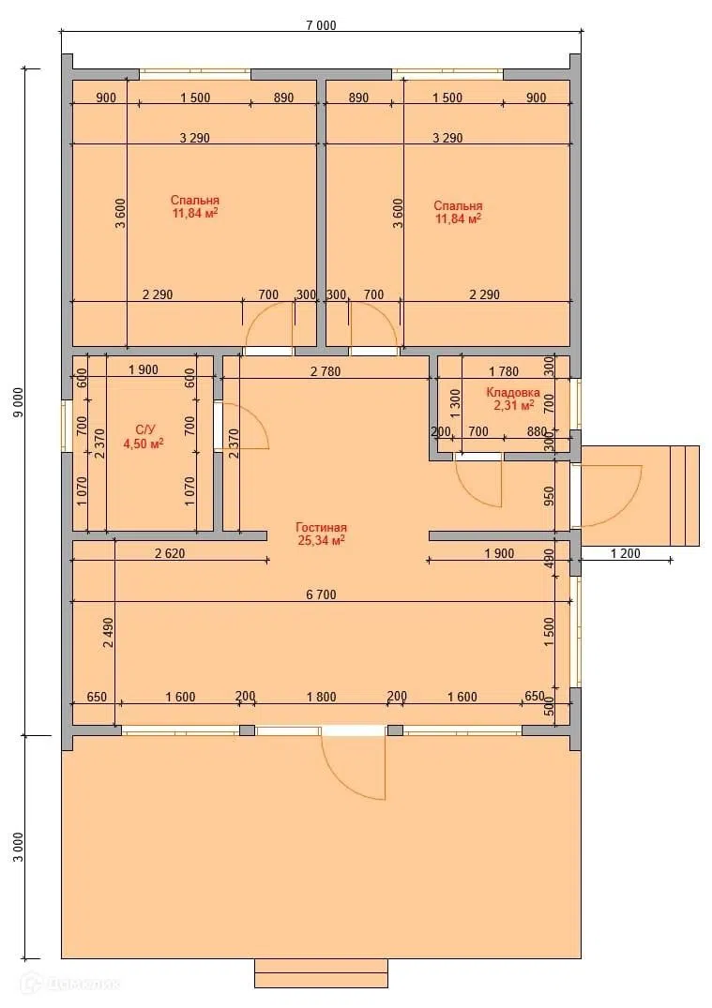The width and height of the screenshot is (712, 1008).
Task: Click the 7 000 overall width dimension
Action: coord(321,25)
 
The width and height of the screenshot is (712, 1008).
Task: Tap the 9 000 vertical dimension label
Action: coord(19,402)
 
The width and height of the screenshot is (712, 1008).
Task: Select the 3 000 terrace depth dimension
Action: coord(19,848)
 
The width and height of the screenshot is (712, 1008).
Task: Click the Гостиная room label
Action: coord(321,528)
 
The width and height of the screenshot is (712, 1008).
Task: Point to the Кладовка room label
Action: coord(512,393)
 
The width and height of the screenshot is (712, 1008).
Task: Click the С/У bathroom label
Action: coord(144,429)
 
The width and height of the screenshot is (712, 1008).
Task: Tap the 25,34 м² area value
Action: coord(321,540)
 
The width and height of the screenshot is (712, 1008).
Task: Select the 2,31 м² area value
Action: coord(514,405)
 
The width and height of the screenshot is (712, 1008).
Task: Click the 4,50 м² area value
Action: coord(143,443)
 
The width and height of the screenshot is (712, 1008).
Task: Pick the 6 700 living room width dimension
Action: coord(321,594)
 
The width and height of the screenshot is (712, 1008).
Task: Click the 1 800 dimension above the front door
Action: coord(321,697)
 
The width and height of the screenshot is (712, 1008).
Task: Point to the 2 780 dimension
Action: coord(326,371)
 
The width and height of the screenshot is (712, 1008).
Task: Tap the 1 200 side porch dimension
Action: coord(625,553)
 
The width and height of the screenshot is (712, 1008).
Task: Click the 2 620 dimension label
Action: coord(170,553)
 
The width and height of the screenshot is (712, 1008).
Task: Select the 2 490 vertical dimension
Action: coord(108,634)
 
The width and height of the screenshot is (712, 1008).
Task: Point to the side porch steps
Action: coord(685,496)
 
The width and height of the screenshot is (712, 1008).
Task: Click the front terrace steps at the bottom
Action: coord(321,973)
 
